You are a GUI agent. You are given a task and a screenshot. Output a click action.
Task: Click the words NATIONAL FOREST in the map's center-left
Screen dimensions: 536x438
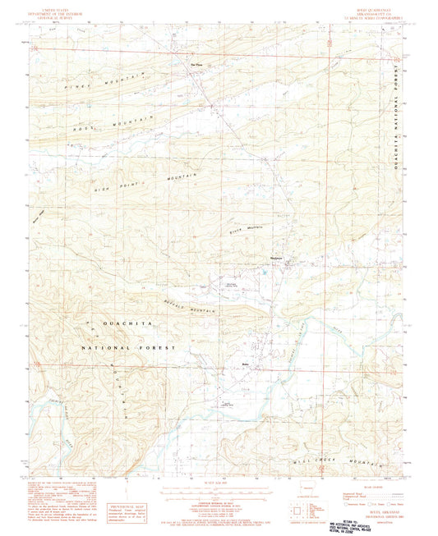[127, 348]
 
